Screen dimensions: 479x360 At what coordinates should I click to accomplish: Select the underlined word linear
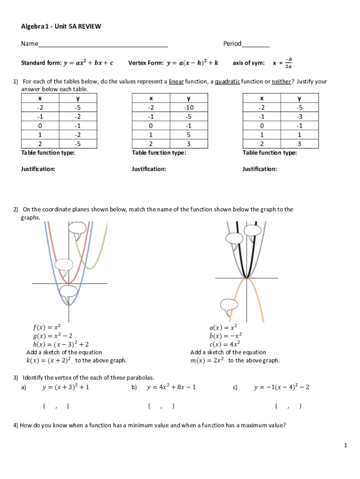click(x=176, y=81)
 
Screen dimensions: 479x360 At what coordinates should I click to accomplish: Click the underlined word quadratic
click(x=227, y=81)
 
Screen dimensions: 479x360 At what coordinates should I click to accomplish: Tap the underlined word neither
click(x=281, y=81)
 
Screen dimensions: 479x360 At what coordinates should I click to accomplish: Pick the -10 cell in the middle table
click(x=188, y=107)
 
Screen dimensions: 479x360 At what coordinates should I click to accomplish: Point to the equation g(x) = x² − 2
click(x=52, y=335)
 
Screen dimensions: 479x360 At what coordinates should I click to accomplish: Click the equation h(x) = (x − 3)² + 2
click(x=61, y=344)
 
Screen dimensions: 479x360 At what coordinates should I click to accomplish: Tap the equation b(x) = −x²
click(x=225, y=335)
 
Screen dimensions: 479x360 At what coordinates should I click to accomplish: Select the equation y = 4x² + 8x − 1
click(x=171, y=387)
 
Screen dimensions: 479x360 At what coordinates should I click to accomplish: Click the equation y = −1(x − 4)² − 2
click(x=281, y=387)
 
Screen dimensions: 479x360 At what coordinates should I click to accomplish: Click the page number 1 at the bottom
click(x=346, y=446)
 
